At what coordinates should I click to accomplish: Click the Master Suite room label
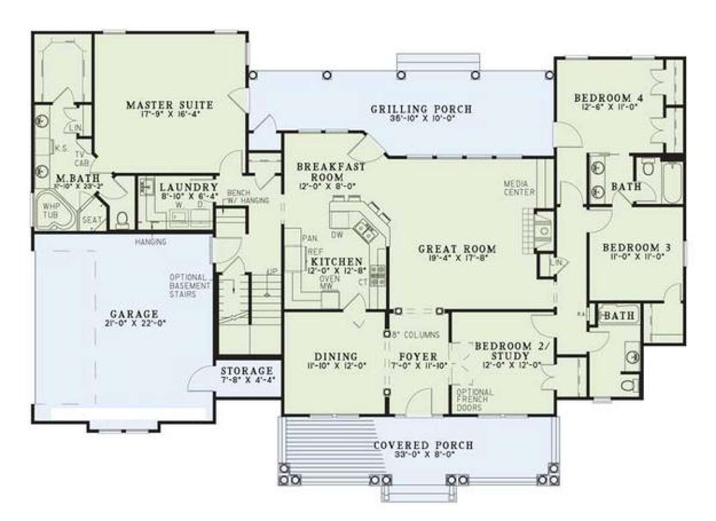pos(170,106)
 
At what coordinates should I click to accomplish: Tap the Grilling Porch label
pos(421,109)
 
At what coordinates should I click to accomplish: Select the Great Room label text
pos(458,249)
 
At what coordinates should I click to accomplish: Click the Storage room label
pos(246,371)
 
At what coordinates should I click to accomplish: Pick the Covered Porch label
pos(423,445)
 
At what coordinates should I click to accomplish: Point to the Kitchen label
pos(336,262)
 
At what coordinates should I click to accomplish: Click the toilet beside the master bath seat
pos(123,219)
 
